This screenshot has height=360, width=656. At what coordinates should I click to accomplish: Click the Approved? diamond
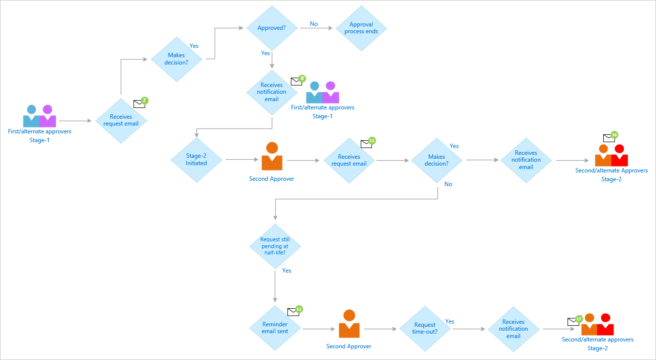[x=271, y=28]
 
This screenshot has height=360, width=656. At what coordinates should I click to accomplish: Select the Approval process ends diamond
[x=361, y=28]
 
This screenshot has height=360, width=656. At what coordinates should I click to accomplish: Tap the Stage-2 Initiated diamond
[x=197, y=160]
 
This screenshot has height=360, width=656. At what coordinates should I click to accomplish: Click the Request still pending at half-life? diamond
[x=275, y=246]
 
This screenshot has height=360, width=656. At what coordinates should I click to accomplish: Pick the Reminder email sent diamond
[x=275, y=328]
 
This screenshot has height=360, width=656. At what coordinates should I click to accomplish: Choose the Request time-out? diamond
[x=425, y=328]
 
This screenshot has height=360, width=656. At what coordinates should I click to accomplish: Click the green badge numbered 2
[x=144, y=101]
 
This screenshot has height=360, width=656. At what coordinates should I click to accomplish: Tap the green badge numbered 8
[x=302, y=78]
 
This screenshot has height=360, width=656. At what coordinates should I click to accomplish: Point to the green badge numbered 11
[x=372, y=141]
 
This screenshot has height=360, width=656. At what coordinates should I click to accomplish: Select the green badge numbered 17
[x=579, y=318]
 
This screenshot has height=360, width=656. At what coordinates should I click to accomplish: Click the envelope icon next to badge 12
[x=293, y=312]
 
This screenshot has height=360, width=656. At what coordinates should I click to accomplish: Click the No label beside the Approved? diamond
[x=314, y=24]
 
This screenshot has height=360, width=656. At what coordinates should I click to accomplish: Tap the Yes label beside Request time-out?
[x=450, y=321]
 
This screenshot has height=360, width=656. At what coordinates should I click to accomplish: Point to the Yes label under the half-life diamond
[x=286, y=271]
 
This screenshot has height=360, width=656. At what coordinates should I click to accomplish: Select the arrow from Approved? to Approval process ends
[x=317, y=28]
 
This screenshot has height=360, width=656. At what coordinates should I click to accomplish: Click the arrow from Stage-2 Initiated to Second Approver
[x=241, y=159]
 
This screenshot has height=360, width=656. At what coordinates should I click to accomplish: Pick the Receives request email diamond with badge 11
[x=349, y=160]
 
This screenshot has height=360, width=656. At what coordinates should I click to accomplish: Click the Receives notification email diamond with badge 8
[x=272, y=92]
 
